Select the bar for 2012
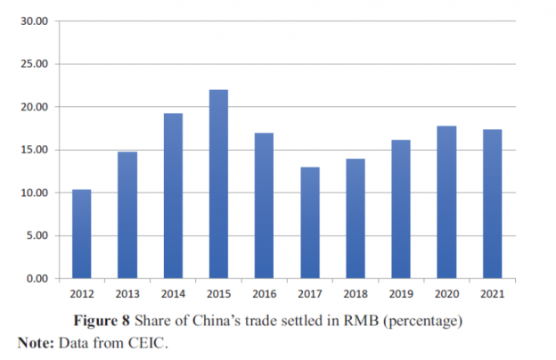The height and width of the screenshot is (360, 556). point(82,233)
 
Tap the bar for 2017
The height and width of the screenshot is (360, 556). point(309,223)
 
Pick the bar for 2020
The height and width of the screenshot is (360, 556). point(446,202)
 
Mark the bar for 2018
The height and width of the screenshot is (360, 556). point(356,218)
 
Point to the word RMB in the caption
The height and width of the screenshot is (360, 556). point(360,319)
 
